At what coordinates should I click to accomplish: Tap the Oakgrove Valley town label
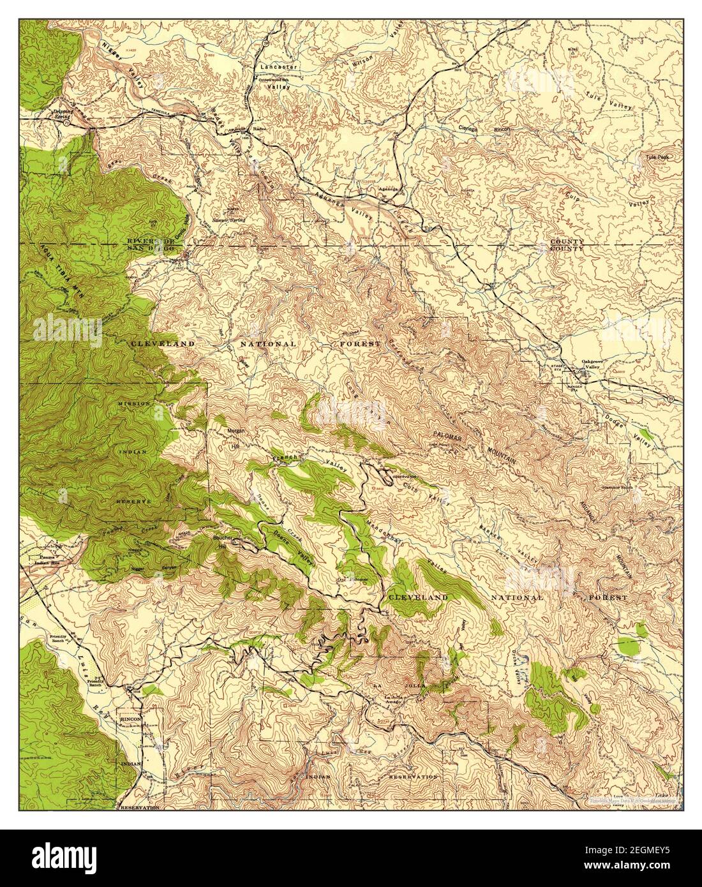(x=592, y=364)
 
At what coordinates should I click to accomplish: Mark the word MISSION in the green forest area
(x=133, y=404)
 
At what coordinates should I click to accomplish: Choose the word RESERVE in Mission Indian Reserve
(x=133, y=502)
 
